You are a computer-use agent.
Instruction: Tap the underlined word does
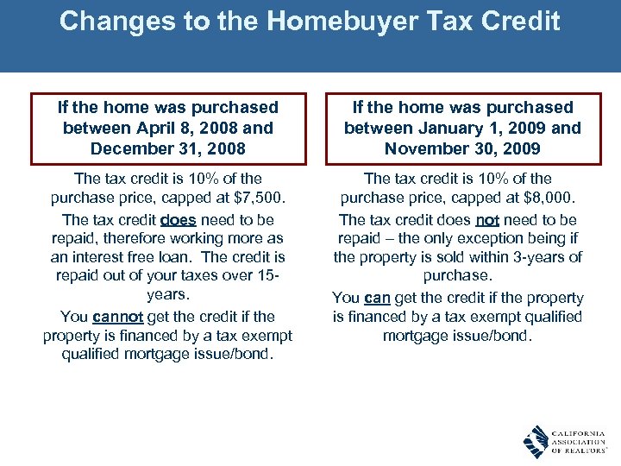click(x=179, y=220)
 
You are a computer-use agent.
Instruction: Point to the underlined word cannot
click(x=116, y=317)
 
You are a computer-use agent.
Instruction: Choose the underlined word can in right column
click(x=377, y=298)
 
